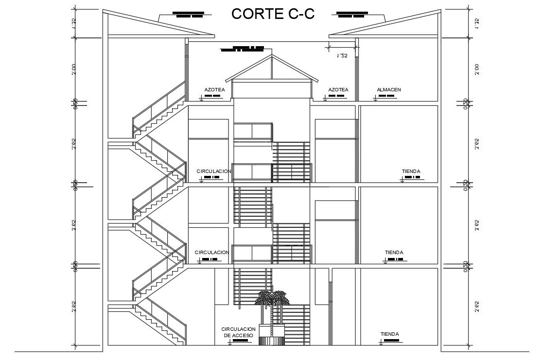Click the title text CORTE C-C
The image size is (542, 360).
click(x=273, y=14)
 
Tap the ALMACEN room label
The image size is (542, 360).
click(x=388, y=90)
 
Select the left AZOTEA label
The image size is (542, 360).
click(x=214, y=90)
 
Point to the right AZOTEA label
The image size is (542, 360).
click(x=338, y=90)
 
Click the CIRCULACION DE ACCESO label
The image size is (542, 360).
click(x=239, y=332)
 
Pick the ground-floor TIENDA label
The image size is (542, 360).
click(x=390, y=334)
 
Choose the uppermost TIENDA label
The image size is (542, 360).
click(x=411, y=171)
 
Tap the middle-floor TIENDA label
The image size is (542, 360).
click(x=394, y=253)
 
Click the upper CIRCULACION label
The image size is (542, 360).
click(x=213, y=171)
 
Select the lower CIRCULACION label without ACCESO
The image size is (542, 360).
click(x=211, y=253)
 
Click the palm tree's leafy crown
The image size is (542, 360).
click(x=272, y=297)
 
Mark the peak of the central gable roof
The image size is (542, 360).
click(x=272, y=56)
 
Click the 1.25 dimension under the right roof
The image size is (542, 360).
click(x=342, y=56)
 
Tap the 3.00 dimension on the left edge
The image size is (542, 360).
click(x=74, y=70)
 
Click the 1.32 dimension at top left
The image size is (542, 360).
click(x=74, y=23)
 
